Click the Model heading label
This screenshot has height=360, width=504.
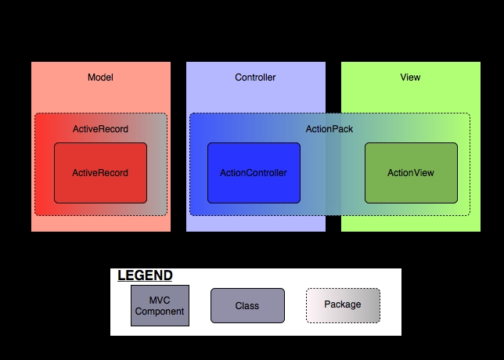(100, 77)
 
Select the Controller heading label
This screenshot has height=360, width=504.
(255, 77)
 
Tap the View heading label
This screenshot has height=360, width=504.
(410, 77)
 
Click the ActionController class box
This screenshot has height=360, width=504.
(254, 173)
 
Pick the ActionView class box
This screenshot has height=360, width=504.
(411, 173)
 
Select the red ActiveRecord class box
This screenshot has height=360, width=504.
(100, 173)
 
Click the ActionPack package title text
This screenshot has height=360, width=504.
(329, 129)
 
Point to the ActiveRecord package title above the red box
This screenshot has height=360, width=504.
(100, 129)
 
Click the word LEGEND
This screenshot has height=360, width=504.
(145, 275)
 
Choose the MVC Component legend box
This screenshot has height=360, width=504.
(160, 305)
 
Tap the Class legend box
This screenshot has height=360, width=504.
(247, 305)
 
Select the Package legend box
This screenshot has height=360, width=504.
(342, 305)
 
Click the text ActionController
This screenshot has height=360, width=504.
(254, 173)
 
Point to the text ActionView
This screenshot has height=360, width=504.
(411, 173)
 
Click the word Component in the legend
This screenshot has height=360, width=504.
(160, 311)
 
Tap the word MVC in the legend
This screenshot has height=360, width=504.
(160, 300)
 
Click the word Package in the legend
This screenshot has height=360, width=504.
(342, 304)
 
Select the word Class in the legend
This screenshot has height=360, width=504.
(247, 306)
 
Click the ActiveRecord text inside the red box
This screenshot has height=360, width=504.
(100, 173)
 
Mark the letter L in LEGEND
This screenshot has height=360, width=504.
(121, 275)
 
